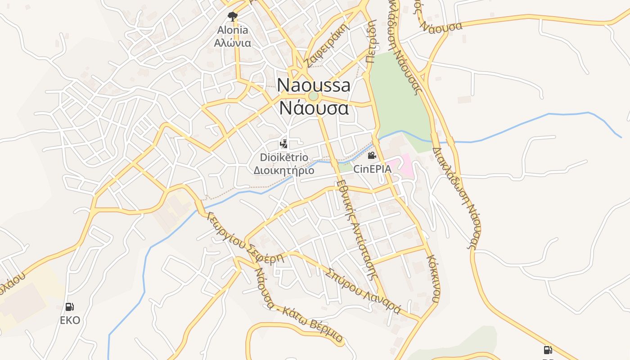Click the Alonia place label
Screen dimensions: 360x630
coord(232,30)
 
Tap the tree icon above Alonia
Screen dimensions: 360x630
coord(232,17)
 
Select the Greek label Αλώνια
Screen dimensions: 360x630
coord(232,43)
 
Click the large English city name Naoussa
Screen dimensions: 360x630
coord(313,85)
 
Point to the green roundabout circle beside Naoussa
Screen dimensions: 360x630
coord(313,96)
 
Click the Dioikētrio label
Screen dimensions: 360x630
coord(284,157)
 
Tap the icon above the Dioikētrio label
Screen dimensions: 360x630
coord(283,144)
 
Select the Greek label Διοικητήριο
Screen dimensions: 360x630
coord(284,171)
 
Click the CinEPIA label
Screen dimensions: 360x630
coord(372,169)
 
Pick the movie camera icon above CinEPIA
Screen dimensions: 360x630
coord(372,156)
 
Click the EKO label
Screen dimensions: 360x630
coord(70,320)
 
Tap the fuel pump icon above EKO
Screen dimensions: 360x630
coord(70,307)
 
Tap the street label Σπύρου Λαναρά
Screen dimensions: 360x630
coord(364,291)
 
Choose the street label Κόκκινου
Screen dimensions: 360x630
coord(434,279)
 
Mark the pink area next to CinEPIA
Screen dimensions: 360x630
coord(402,165)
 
